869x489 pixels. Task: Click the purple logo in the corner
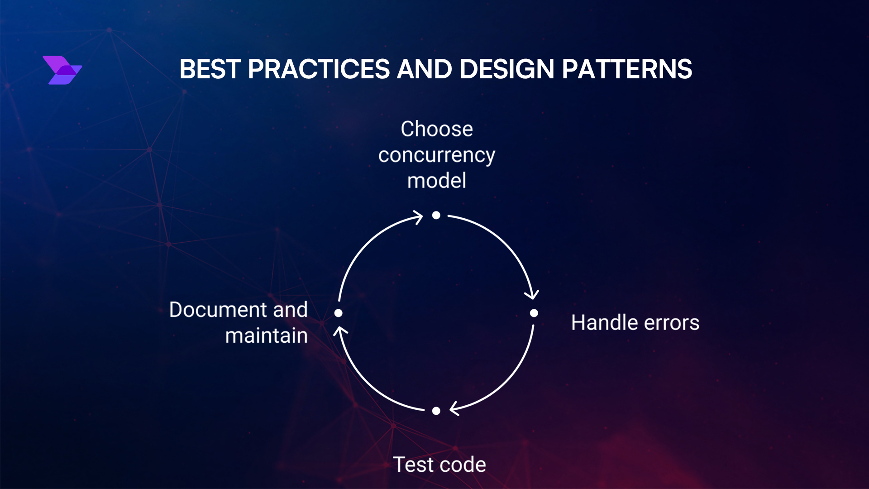pyautogui.click(x=62, y=70)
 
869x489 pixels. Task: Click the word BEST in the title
pyautogui.click(x=210, y=69)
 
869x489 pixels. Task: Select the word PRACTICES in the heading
pyautogui.click(x=319, y=69)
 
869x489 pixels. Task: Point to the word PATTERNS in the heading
pyautogui.click(x=627, y=69)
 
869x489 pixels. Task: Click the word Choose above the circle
pyautogui.click(x=437, y=129)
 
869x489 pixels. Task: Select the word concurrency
pyautogui.click(x=437, y=156)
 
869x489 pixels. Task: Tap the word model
pyautogui.click(x=437, y=181)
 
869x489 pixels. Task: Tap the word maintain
pyautogui.click(x=267, y=336)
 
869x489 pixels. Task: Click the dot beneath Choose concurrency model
pyautogui.click(x=436, y=215)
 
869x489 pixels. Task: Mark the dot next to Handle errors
pyautogui.click(x=534, y=313)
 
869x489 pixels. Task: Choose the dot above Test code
pyautogui.click(x=436, y=411)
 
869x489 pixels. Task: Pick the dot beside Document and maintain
pyautogui.click(x=338, y=313)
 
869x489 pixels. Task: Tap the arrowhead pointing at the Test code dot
pyautogui.click(x=454, y=408)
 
